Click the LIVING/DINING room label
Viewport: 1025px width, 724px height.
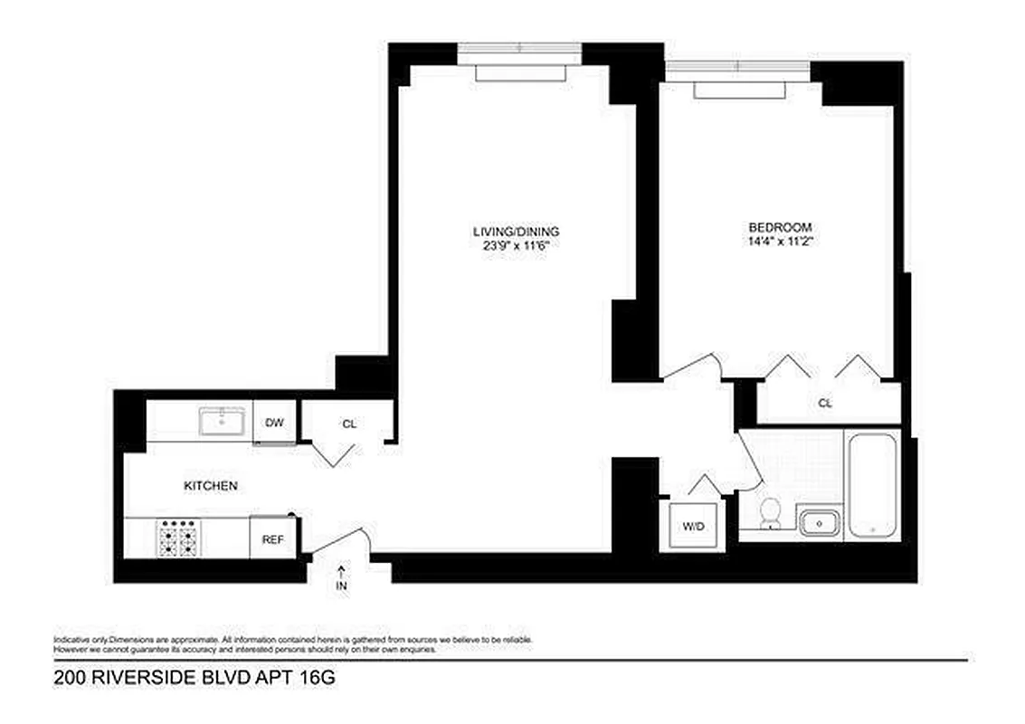pyautogui.click(x=514, y=231)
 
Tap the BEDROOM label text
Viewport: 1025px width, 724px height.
pyautogui.click(x=779, y=227)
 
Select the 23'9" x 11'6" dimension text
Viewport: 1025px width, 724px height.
pyautogui.click(x=514, y=244)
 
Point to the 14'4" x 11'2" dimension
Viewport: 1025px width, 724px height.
pyautogui.click(x=779, y=242)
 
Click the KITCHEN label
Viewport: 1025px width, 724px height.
pyautogui.click(x=211, y=486)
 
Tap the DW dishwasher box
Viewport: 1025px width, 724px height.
pyautogui.click(x=274, y=423)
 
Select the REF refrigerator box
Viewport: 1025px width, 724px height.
pyautogui.click(x=273, y=539)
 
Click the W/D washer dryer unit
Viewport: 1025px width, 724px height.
pyautogui.click(x=692, y=524)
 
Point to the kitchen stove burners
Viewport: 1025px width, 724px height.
pyautogui.click(x=178, y=538)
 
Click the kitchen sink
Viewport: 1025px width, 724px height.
pyautogui.click(x=222, y=421)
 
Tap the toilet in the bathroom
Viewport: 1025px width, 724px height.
pyautogui.click(x=771, y=513)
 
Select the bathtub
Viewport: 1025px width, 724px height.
pyautogui.click(x=871, y=485)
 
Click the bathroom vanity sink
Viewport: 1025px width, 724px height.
pyautogui.click(x=820, y=523)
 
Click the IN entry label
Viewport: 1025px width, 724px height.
pyautogui.click(x=342, y=586)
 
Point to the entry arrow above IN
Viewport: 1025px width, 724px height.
pyautogui.click(x=342, y=570)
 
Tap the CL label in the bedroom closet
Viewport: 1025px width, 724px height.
pyautogui.click(x=824, y=404)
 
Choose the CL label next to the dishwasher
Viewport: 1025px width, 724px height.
pyautogui.click(x=348, y=424)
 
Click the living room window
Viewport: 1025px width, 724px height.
pyautogui.click(x=519, y=46)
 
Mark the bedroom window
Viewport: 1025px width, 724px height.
pyautogui.click(x=737, y=66)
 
